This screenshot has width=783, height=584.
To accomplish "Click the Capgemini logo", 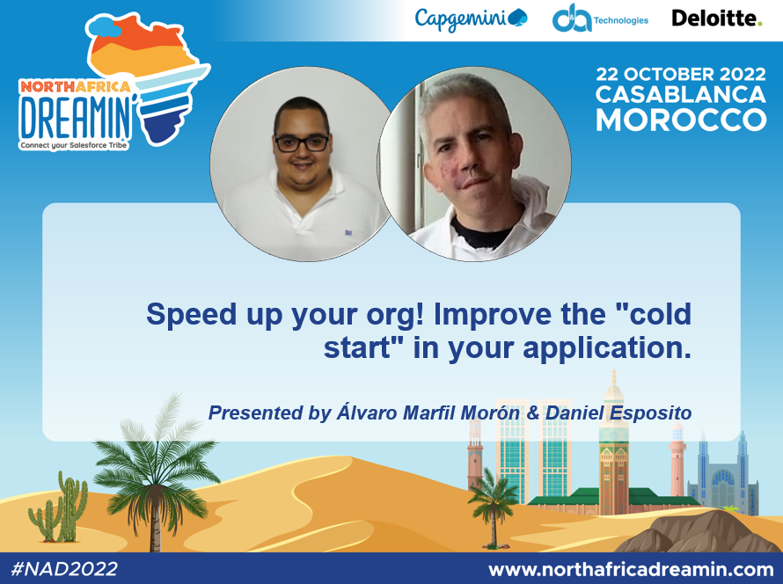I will (471, 18).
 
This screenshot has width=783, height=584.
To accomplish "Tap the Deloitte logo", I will (716, 18).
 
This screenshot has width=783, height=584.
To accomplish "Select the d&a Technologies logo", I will (599, 18).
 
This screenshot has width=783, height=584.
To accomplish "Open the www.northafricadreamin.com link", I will (630, 568).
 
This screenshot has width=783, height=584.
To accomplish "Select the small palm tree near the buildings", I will (492, 500).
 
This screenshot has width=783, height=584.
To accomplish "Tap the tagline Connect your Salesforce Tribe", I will (74, 143).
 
